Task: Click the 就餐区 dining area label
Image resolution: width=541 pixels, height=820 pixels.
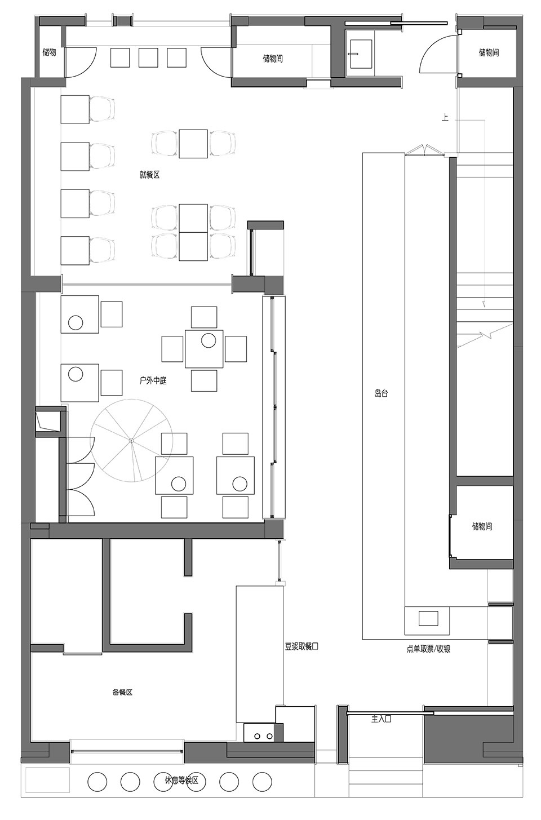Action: click(149, 175)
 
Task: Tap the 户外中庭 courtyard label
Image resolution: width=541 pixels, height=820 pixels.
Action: click(153, 381)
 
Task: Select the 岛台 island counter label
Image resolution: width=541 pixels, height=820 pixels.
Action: click(381, 393)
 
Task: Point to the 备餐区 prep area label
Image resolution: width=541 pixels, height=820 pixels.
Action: click(122, 692)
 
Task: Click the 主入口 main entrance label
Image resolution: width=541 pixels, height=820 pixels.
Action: click(382, 719)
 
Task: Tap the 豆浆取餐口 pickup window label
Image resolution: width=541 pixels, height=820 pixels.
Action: click(301, 646)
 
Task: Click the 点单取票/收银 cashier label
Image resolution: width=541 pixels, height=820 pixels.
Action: click(428, 649)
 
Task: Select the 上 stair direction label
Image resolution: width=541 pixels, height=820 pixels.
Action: click(445, 118)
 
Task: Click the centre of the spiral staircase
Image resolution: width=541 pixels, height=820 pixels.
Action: click(131, 440)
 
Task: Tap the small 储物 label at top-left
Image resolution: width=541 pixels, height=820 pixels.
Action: click(50, 52)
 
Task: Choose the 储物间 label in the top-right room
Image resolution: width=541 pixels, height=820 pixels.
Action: click(489, 52)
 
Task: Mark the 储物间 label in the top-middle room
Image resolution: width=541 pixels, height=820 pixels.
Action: click(273, 58)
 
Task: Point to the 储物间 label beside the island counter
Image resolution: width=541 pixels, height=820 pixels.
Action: click(482, 526)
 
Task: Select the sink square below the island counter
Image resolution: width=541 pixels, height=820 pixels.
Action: click(429, 618)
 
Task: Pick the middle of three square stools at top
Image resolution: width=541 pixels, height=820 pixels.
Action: click(148, 57)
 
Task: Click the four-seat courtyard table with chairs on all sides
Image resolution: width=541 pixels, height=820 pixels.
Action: click(204, 349)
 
